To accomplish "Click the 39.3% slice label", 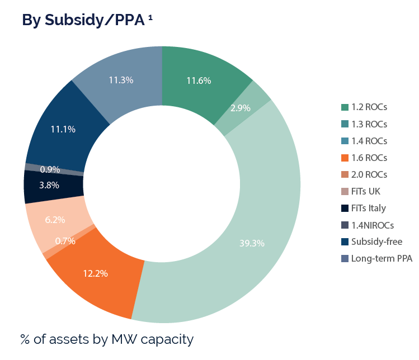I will (252, 243).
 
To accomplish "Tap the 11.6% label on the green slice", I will (199, 80).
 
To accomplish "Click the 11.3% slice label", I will (121, 80).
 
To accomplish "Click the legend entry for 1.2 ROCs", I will (369, 107).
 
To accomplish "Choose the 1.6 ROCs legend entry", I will (369, 158).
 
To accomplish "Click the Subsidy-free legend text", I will (376, 241).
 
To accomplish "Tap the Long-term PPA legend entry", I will (382, 258).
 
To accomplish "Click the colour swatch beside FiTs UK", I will (345, 191).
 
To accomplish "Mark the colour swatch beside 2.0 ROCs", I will (345, 174).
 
